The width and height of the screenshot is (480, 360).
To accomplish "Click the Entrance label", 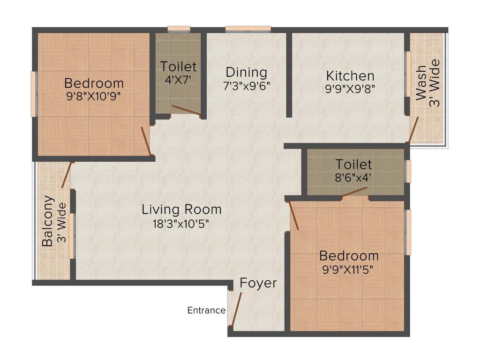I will tap(206, 310).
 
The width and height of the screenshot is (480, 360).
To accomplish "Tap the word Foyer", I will tap(258, 283).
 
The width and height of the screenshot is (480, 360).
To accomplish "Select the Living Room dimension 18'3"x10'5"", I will tap(181, 223).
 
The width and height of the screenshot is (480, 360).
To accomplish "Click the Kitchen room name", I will tap(350, 75).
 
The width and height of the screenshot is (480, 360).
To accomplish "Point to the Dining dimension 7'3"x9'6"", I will tap(247, 86).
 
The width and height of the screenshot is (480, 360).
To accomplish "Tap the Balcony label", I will tap(47, 220).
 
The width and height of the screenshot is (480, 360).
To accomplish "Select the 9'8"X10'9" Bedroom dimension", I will tap(94, 97).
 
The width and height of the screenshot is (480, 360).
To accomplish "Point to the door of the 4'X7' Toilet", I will tap(186, 110).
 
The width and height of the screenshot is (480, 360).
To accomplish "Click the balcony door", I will tap(67, 175).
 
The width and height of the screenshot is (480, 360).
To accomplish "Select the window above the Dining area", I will tap(248, 29).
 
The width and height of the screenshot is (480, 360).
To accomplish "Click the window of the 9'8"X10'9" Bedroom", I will tap(33, 94).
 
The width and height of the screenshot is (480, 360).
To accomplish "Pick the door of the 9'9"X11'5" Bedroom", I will tap(293, 216).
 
